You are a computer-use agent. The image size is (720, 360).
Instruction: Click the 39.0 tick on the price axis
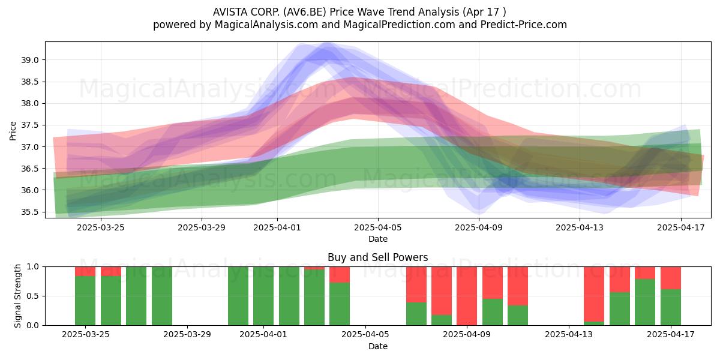pyautogui.click(x=29, y=60)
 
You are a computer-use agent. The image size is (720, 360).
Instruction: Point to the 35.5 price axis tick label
pyautogui.click(x=29, y=212)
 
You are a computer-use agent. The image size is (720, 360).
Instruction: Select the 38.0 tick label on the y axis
pyautogui.click(x=29, y=103)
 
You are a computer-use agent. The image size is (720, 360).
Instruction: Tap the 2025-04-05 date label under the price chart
pyautogui.click(x=378, y=227)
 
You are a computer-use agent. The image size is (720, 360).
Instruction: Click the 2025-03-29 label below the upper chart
pyautogui.click(x=202, y=227)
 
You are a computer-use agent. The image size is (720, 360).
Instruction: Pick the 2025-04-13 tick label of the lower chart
pyautogui.click(x=569, y=334)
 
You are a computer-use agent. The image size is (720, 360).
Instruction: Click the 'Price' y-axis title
pyautogui.click(x=13, y=131)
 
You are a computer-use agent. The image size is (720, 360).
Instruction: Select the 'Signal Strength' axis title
pyautogui.click(x=17, y=296)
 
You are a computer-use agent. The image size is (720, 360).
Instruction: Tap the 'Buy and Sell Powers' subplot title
pyautogui.click(x=377, y=257)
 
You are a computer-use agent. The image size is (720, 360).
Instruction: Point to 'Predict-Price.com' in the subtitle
pyautogui.click(x=524, y=25)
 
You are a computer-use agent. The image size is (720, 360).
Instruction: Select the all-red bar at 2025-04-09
pyautogui.click(x=467, y=296)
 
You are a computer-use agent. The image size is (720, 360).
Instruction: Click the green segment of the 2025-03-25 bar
pyautogui.click(x=85, y=301)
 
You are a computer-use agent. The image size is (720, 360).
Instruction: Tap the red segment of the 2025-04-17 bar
pyautogui.click(x=671, y=278)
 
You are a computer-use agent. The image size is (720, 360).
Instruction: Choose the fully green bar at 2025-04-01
pyautogui.click(x=263, y=296)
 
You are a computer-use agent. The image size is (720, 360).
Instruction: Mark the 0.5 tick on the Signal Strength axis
pyautogui.click(x=34, y=296)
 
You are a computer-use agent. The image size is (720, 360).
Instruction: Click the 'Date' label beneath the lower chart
pyautogui.click(x=378, y=346)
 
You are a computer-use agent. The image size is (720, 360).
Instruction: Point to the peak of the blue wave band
pyautogui.click(x=327, y=43)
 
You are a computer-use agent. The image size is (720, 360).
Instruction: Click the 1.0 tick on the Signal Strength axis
pyautogui.click(x=34, y=267)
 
